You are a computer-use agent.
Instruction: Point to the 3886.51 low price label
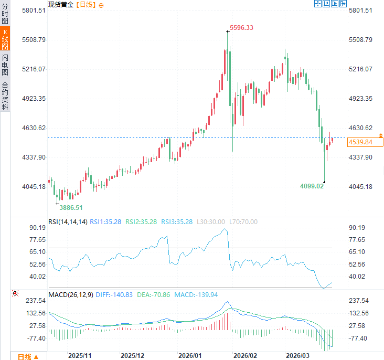pos(72,207)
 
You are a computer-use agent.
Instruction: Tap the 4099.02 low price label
pos(313,185)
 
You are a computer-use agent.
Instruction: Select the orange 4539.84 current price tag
pos(360,142)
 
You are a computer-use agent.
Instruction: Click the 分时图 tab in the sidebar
pos(5,14)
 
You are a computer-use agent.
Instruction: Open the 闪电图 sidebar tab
pos(5,65)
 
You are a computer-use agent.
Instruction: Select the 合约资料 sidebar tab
pos(5,96)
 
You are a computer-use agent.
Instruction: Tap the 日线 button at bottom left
pos(27,356)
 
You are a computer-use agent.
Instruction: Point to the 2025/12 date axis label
pos(133,355)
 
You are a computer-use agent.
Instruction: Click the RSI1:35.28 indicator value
pos(106,221)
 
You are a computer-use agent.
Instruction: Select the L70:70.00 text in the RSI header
pos(243,221)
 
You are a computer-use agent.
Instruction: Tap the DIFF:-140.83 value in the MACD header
pos(114,295)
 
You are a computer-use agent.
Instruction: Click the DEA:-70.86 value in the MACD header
pos(154,295)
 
